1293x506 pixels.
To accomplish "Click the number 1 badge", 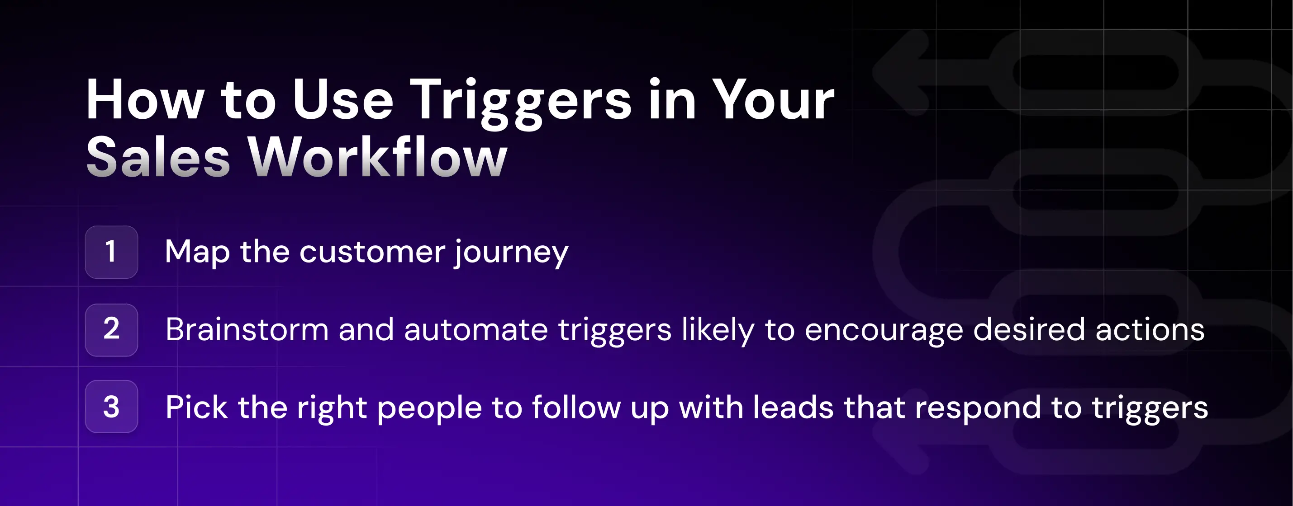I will coord(111,252).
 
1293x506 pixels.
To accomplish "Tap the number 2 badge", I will coord(111,330).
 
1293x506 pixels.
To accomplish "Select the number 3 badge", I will coord(111,407).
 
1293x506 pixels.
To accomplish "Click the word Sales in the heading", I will coord(158,158).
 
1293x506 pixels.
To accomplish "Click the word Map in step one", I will coord(197,252).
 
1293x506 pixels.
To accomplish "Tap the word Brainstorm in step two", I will coord(247,330).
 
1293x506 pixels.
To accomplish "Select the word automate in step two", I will coord(475,330).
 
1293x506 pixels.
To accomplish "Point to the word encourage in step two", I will coord(884,330).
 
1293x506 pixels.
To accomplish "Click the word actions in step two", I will coord(1150,330).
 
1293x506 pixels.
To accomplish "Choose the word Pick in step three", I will coord(196,407).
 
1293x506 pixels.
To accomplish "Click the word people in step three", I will coord(429,407).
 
